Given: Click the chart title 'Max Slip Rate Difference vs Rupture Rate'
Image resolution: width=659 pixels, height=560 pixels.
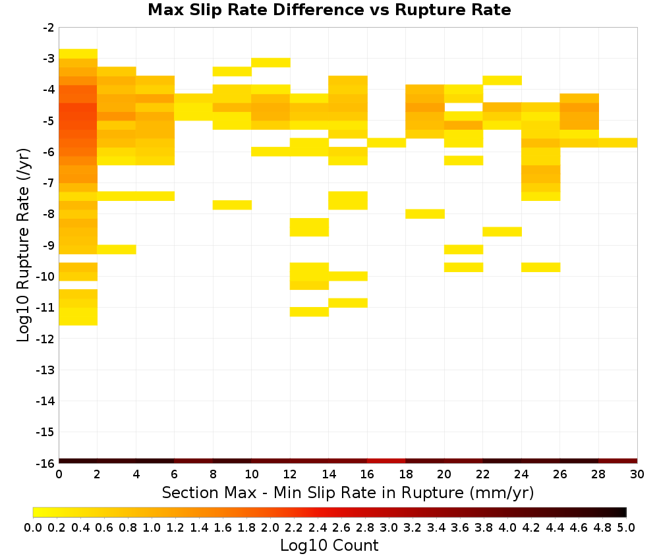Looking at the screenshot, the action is pos(329,10).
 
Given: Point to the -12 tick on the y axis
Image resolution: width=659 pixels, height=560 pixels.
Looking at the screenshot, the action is pos(57,339).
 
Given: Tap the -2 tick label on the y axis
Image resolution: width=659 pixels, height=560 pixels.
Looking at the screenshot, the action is pos(48,28).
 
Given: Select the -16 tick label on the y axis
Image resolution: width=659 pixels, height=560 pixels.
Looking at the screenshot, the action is pos(45,463).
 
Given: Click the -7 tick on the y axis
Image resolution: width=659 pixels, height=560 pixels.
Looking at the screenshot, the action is pos(57,183).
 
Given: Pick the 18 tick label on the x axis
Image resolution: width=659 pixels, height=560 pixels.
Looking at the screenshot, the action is pos(405,474).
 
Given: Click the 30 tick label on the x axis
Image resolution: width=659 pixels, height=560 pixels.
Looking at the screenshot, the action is pos(637,474).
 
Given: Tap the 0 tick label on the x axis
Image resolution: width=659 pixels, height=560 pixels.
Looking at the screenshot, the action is pos(59,474).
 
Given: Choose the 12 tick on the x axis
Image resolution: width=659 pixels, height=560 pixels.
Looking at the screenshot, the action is pos(290,465).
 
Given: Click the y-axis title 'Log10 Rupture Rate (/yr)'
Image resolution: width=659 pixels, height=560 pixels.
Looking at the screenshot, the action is pos(23,245).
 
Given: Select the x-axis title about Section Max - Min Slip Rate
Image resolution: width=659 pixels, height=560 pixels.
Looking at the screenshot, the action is pos(347,492).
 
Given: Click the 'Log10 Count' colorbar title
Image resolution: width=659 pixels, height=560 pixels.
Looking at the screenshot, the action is pos(329,546).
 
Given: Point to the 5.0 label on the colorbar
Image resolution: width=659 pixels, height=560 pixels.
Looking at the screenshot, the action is pos(626,527).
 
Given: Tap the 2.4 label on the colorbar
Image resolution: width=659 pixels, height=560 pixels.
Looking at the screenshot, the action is pos(318,527).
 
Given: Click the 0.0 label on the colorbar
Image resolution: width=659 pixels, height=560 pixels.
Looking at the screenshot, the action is pos(33,527).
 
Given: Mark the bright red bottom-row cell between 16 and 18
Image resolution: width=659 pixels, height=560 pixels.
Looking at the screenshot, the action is pos(386,461).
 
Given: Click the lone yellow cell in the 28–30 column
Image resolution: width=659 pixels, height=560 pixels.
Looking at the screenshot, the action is pos(618,143).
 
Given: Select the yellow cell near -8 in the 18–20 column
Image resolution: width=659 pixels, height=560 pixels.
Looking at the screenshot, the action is pos(425,214).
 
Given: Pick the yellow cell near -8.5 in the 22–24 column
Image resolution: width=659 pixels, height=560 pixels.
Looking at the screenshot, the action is pos(502,231).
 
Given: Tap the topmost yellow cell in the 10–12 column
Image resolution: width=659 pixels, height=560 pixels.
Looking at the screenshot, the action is pos(271,63).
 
